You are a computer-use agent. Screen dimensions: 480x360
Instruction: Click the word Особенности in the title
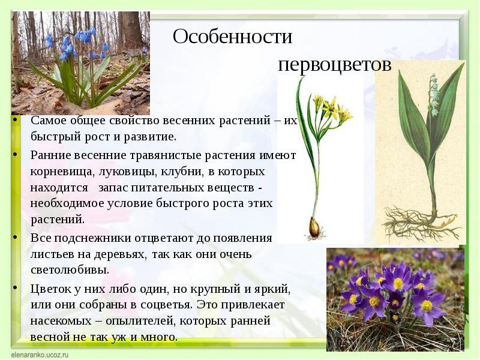pyautogui.click(x=232, y=37)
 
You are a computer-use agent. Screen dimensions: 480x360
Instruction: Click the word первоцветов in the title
pyautogui.click(x=335, y=65)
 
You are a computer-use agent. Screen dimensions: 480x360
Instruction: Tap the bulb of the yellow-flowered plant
pyautogui.click(x=314, y=227)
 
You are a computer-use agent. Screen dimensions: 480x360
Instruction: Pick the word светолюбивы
pyautogui.click(x=70, y=270)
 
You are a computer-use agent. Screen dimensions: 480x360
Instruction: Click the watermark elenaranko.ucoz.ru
pyautogui.click(x=40, y=355)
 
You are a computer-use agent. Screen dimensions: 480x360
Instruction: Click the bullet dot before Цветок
pyautogui.click(x=14, y=287)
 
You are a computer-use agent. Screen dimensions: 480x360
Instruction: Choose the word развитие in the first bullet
pyautogui.click(x=150, y=137)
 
